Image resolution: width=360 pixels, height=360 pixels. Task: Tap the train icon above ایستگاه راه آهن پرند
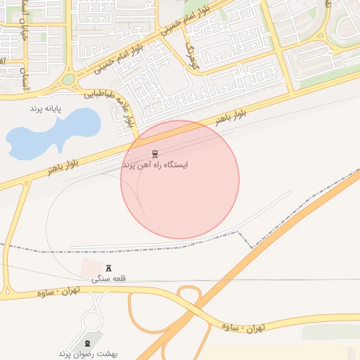click(155, 153)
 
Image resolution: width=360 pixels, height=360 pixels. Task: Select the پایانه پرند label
click(46, 109)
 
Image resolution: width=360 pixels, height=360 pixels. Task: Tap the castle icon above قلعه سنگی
click(108, 268)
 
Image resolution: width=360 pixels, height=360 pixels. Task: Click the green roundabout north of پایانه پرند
click(68, 79)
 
